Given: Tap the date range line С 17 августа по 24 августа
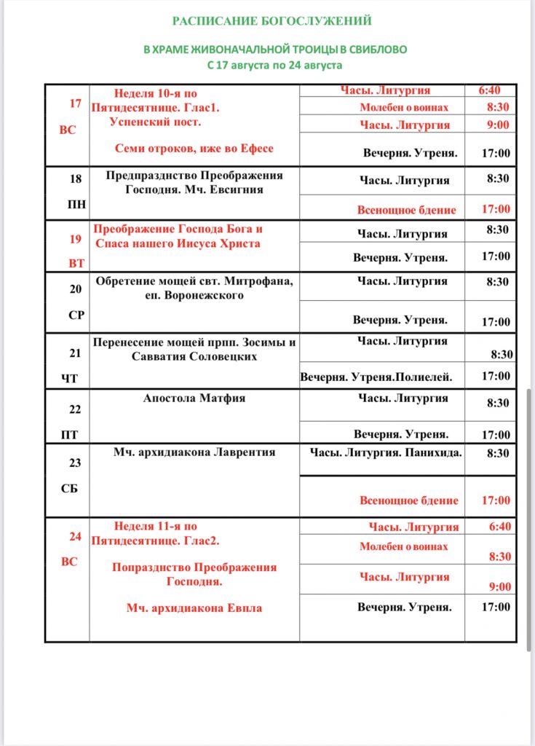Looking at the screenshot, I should click(x=274, y=65).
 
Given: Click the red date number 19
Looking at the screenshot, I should click(x=75, y=238).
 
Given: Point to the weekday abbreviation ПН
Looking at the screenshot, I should click(x=76, y=205).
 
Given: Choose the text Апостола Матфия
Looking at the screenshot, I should click(x=194, y=398).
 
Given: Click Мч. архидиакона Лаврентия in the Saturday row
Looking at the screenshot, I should click(x=194, y=452).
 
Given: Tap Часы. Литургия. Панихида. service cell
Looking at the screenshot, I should click(x=386, y=453).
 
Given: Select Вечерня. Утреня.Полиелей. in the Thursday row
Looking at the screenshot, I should click(x=376, y=377).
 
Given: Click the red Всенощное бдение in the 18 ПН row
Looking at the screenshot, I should click(x=406, y=210).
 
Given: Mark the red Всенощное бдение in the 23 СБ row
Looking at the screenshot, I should click(x=409, y=500).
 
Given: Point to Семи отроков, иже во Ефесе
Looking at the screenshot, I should click(x=194, y=149).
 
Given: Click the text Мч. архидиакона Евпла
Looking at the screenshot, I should click(x=194, y=608).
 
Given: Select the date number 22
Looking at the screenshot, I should click(x=75, y=409).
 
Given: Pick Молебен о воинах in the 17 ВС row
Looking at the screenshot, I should click(x=404, y=108).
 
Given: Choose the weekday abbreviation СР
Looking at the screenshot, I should click(x=76, y=315).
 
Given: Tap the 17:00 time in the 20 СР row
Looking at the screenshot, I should click(x=496, y=321).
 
